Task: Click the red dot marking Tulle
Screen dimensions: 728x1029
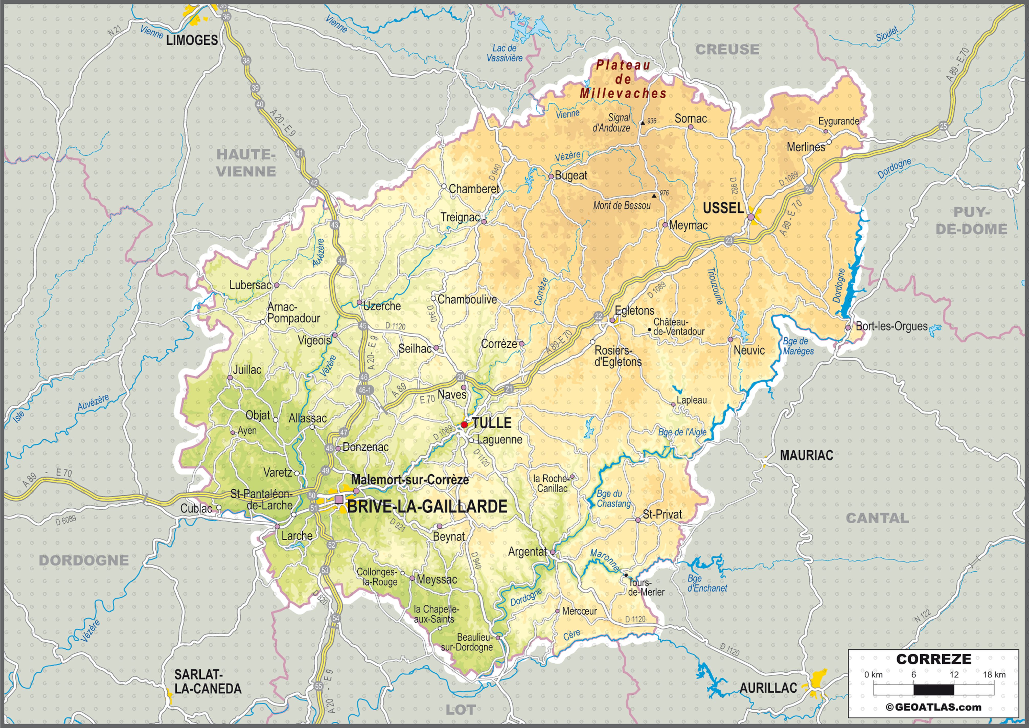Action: coord(464,424)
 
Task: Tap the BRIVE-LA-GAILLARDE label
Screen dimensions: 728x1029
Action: coord(427,507)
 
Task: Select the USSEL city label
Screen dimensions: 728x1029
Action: coord(723,208)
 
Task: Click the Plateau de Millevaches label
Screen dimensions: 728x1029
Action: coord(623,79)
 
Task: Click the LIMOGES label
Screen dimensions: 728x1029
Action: coord(192,40)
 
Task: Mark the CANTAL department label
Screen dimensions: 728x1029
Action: coord(877,518)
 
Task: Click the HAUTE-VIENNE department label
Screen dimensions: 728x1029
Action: coord(246,163)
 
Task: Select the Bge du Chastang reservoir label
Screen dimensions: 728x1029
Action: coord(613,498)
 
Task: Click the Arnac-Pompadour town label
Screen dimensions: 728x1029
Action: coord(293,313)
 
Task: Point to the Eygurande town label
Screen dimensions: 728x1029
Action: coord(838,121)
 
